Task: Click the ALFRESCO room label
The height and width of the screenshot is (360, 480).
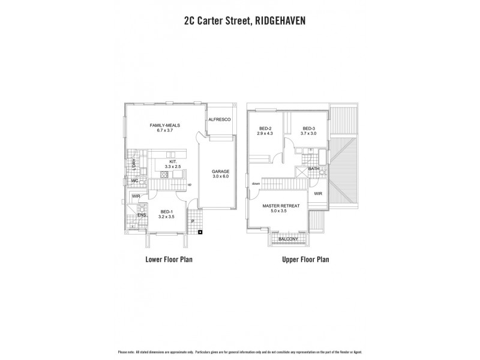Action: tap(220, 120)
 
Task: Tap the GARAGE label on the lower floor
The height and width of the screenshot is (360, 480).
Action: tap(220, 171)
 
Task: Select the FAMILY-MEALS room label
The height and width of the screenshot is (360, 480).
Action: tap(165, 125)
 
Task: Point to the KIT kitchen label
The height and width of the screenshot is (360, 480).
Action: tap(172, 161)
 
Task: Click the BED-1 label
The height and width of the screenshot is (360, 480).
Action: tap(166, 212)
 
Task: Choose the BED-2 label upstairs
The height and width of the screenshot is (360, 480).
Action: tap(266, 128)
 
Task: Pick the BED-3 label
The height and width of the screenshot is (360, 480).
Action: tap(309, 128)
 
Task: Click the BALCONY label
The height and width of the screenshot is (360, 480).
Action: tap(288, 239)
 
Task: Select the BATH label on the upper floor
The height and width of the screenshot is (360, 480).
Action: tap(314, 169)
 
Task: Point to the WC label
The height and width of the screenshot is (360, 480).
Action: tap(136, 181)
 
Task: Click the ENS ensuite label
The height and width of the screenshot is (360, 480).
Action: tap(142, 214)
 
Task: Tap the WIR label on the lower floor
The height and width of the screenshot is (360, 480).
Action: tap(136, 196)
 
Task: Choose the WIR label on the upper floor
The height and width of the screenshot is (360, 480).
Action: tap(318, 194)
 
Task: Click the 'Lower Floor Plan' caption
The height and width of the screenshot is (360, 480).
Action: tap(169, 260)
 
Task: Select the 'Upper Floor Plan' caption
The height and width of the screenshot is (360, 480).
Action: tap(306, 260)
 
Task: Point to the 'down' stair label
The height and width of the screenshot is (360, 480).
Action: tap(256, 184)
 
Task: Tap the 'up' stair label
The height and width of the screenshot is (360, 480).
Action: tap(190, 184)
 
